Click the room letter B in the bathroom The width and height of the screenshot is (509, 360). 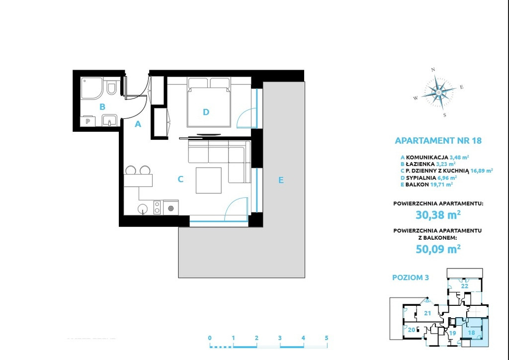(x=102, y=106)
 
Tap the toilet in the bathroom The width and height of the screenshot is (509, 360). (x=111, y=87)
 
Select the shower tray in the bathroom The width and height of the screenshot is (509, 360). (x=92, y=89)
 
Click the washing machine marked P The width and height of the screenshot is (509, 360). (x=87, y=121)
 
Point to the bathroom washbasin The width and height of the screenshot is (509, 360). (x=110, y=120)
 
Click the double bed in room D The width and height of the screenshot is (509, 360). (x=209, y=102)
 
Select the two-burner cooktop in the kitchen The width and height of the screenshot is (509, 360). (x=157, y=207)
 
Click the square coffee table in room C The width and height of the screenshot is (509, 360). (x=208, y=180)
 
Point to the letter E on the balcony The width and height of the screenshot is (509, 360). (x=281, y=180)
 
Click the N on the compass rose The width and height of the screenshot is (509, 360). (x=433, y=70)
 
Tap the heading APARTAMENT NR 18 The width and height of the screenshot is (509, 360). (x=438, y=141)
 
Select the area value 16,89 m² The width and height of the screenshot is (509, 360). (x=482, y=171)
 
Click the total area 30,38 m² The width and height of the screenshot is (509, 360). (x=438, y=215)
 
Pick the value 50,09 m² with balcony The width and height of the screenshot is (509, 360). (x=438, y=249)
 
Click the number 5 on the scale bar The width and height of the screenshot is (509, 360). (x=326, y=338)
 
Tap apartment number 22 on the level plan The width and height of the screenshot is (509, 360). (x=465, y=286)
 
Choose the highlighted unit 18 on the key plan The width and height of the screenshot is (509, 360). (x=472, y=333)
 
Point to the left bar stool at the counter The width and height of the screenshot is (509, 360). (x=131, y=170)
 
